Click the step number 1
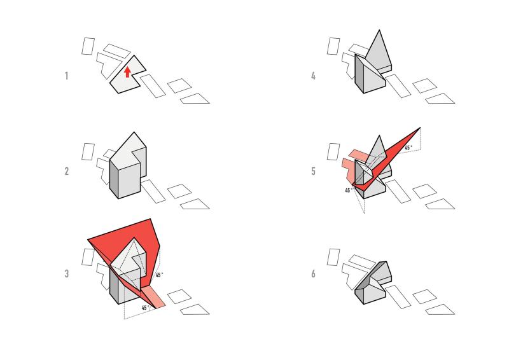67,76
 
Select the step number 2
67,171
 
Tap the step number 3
67,273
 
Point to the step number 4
313,76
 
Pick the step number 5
313,171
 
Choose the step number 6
313,273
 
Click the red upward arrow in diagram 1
127,72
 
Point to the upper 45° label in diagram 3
159,275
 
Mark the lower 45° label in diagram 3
146,308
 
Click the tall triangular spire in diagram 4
379,52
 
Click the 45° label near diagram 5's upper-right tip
408,148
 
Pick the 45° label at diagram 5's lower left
349,190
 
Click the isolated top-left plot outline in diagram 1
88,46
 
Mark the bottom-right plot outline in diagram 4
440,99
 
